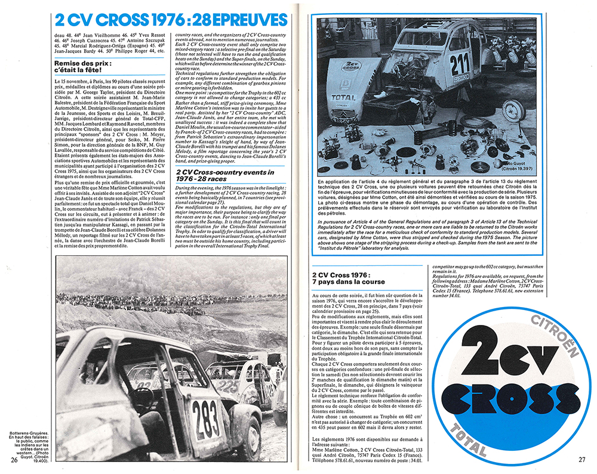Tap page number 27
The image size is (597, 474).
583,459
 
